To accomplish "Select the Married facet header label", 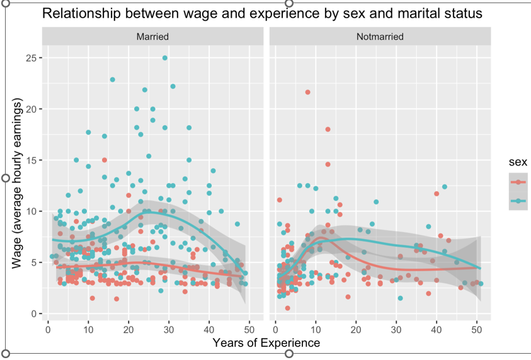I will point(152,37).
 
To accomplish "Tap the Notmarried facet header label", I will point(379,37).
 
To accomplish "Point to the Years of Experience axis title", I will point(266,343).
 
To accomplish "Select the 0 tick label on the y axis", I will point(34,313).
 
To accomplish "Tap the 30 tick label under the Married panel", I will point(169,327).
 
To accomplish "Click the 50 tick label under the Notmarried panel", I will point(477,327).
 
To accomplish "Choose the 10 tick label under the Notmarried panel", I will point(316,327).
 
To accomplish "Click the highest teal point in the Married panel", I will point(165,58).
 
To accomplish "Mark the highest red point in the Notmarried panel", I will point(308,93).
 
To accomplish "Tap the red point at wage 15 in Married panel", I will point(105,160).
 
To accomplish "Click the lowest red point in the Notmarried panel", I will point(287,308).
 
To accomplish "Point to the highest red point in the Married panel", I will point(105,160).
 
